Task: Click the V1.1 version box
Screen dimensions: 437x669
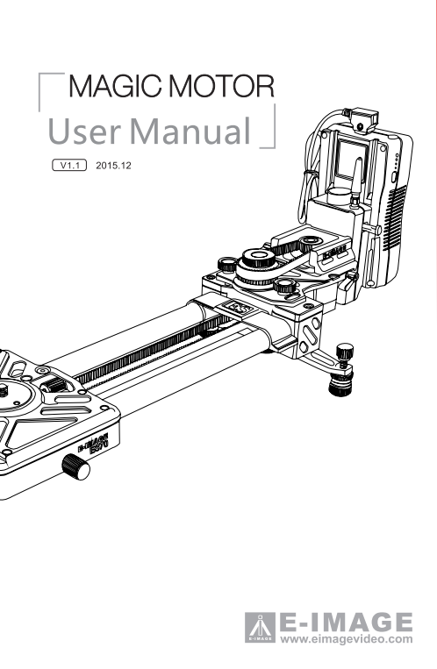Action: [x=69, y=165]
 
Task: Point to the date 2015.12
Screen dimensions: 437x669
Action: [x=113, y=165]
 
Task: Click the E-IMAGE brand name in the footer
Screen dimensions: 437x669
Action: [x=346, y=623]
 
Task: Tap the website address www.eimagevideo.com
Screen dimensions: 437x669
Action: [x=347, y=639]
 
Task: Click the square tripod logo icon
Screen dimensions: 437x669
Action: [x=260, y=627]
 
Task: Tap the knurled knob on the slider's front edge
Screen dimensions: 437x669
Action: [x=76, y=466]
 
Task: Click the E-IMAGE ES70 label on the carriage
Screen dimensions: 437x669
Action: [x=94, y=444]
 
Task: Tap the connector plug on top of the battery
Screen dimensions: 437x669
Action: [x=364, y=119]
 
